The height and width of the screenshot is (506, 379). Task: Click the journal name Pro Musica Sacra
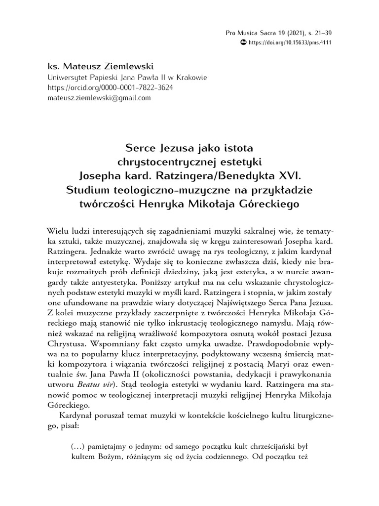point(249,33)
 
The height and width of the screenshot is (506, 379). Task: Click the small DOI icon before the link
point(243,42)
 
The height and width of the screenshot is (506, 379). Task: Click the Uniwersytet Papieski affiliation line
point(127,78)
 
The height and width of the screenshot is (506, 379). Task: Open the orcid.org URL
point(110,87)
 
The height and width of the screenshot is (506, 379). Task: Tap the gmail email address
point(99,98)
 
